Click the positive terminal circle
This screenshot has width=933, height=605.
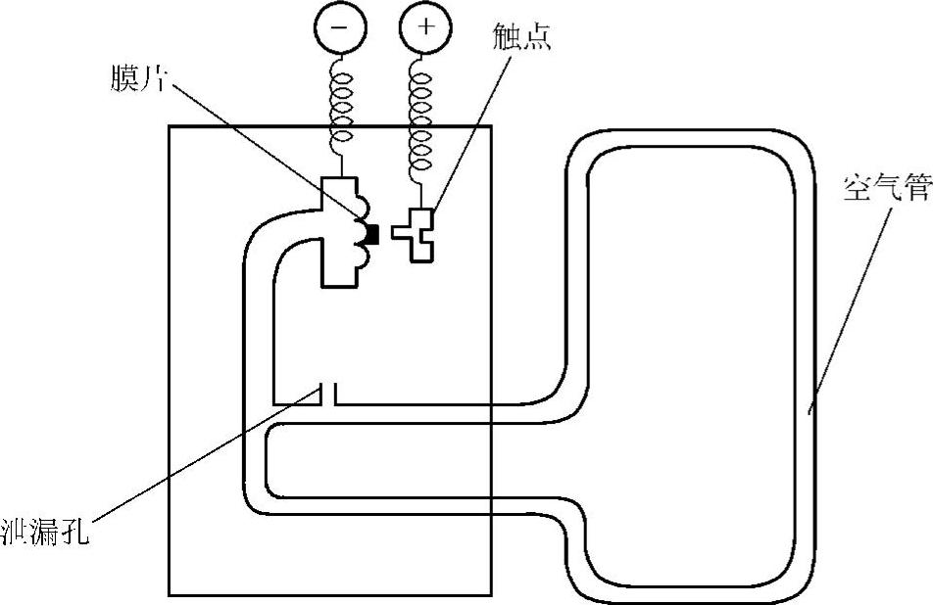pyautogui.click(x=424, y=27)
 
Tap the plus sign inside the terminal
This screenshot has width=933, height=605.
pyautogui.click(x=424, y=26)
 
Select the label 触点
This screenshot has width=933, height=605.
pyautogui.click(x=521, y=36)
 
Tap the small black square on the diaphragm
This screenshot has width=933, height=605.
pyautogui.click(x=371, y=233)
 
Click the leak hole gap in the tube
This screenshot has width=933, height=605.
pyautogui.click(x=327, y=394)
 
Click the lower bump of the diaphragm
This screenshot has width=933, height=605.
pyautogui.click(x=361, y=257)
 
